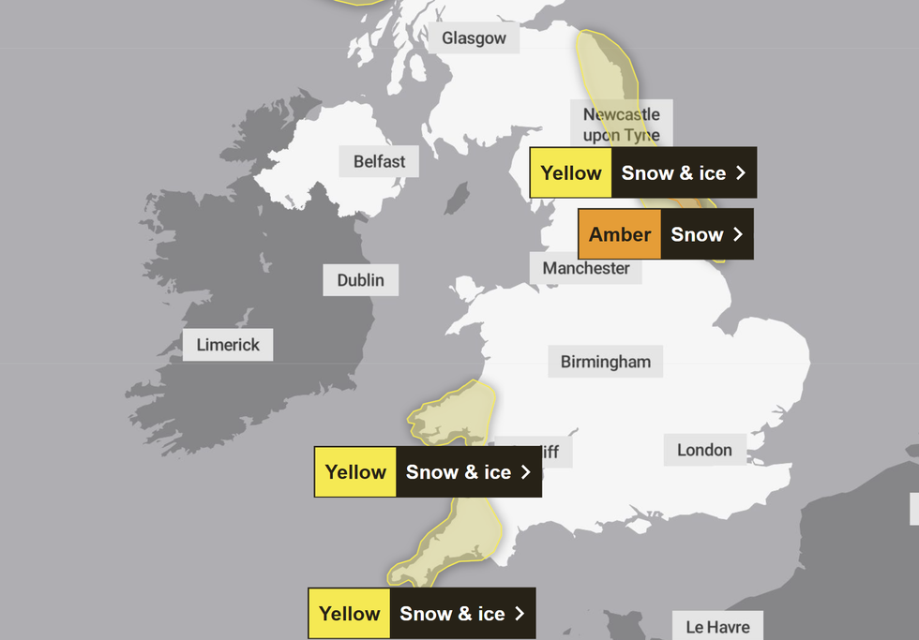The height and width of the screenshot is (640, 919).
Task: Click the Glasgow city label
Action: [x=474, y=38]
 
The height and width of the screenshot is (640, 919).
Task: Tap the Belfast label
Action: [x=379, y=161]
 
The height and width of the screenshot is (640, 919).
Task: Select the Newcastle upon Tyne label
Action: [x=621, y=124]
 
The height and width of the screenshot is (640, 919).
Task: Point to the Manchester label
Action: [x=586, y=268]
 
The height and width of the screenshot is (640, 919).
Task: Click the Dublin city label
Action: [x=360, y=280]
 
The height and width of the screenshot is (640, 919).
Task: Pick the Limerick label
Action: [x=228, y=345]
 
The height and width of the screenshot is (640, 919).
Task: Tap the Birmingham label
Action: [x=605, y=362]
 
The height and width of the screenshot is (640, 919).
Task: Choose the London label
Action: [x=704, y=451]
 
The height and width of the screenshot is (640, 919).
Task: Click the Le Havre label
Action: [x=717, y=627]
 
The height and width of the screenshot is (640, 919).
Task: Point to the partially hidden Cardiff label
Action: [x=549, y=452]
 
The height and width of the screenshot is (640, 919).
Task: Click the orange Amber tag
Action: [x=619, y=234]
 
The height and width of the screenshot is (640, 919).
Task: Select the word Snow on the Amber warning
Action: [x=697, y=234]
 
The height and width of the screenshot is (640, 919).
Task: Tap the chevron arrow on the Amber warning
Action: [x=738, y=234]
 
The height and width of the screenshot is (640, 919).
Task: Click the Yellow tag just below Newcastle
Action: [x=570, y=173]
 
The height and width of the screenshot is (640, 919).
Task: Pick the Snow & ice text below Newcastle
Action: [x=673, y=173]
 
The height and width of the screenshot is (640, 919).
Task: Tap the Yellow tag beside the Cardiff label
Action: [x=355, y=472]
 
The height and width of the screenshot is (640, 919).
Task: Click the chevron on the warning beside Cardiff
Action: [x=526, y=472]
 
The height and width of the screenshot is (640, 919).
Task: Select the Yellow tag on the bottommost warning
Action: [x=349, y=614]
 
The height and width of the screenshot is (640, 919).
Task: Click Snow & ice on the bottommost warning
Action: [x=452, y=614]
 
